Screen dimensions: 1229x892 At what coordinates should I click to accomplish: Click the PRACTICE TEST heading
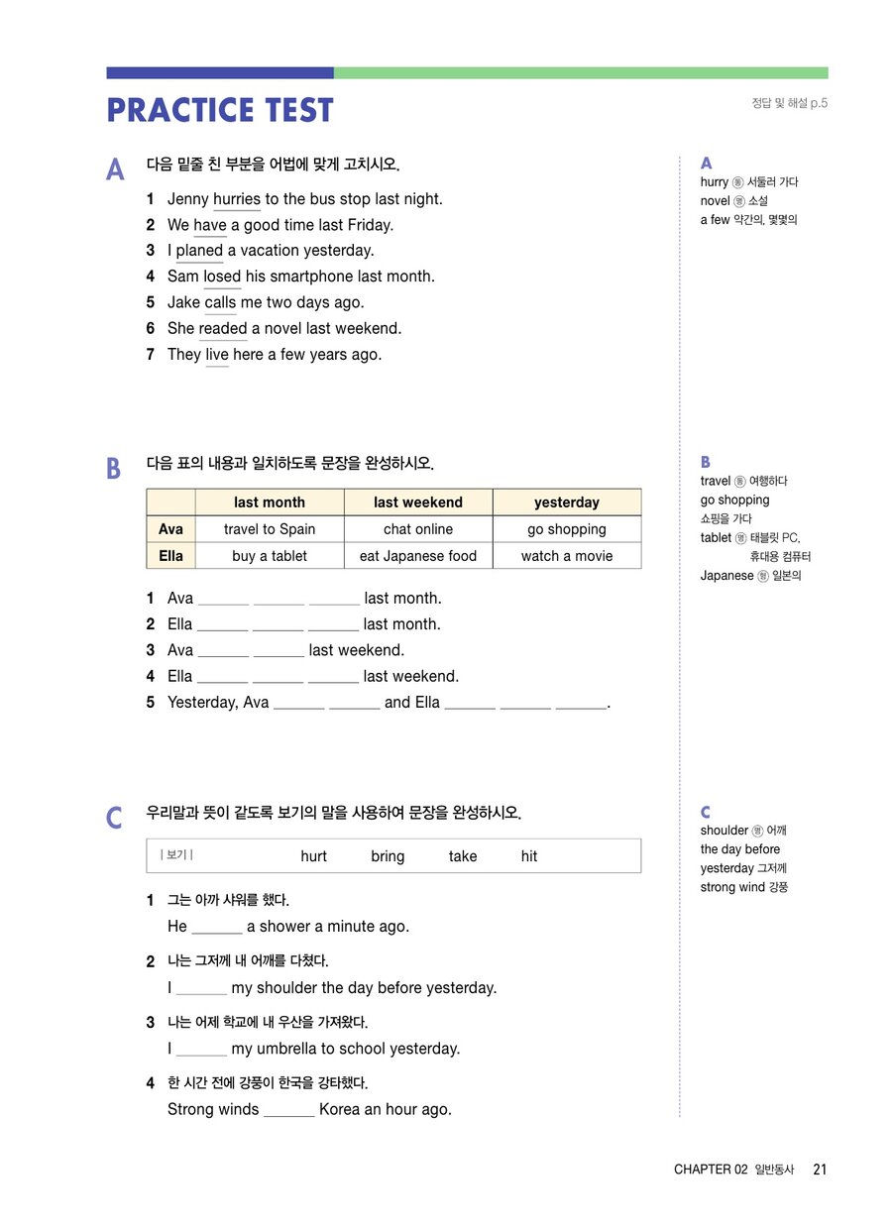point(220,110)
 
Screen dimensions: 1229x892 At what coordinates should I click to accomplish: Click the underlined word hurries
point(237,199)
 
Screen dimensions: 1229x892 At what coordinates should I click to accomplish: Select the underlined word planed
point(199,251)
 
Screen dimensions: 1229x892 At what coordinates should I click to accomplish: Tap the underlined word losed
point(222,277)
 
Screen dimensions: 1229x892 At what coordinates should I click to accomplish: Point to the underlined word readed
point(223,328)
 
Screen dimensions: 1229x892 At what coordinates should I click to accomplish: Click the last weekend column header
point(418,503)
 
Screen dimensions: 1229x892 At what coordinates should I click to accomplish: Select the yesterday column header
point(567,503)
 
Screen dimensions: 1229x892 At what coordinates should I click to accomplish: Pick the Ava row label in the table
point(170,529)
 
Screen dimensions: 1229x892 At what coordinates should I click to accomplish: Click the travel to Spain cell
point(270,529)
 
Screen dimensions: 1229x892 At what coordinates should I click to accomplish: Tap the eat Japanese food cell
point(418,556)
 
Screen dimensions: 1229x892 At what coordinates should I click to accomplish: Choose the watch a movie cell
point(567,556)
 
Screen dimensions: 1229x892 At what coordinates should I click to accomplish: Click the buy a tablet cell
point(270,556)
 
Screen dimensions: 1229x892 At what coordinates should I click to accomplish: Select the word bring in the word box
point(388,856)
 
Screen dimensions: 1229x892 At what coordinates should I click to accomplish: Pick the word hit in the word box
point(529,856)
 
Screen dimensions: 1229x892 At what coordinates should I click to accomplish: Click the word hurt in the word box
point(313,856)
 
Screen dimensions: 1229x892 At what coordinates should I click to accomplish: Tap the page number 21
point(820,1170)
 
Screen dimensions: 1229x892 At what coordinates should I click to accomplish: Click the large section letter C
point(115,818)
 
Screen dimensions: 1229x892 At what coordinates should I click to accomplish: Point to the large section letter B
point(114,468)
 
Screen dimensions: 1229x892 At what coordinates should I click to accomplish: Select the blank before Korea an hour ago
point(289,1111)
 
